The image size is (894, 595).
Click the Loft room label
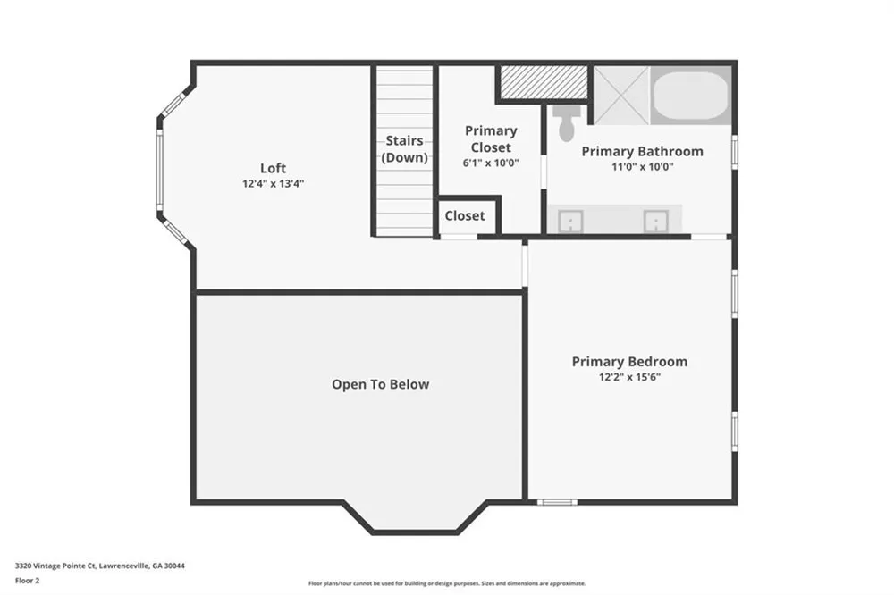tap(273, 168)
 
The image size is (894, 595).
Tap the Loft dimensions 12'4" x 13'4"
tap(273, 183)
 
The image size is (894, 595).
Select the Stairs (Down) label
tap(405, 148)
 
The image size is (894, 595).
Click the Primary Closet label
tap(491, 139)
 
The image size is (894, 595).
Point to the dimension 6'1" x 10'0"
tap(491, 163)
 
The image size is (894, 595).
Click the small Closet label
tap(465, 215)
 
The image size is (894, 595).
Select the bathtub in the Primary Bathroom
tap(690, 96)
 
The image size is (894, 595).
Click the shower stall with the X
tap(621, 96)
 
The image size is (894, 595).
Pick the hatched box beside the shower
tap(544, 82)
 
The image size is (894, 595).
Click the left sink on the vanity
tap(570, 222)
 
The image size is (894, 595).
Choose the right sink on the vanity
tap(655, 222)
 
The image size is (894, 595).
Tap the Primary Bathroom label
tap(643, 152)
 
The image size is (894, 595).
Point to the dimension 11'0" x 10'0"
tap(643, 167)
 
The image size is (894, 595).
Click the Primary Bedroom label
tap(629, 361)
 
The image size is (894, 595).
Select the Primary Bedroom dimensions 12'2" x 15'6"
tap(629, 377)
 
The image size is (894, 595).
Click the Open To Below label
tap(380, 385)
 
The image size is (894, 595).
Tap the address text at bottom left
tap(100, 566)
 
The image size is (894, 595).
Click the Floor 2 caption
tap(28, 581)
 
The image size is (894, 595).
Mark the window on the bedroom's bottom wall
tap(557, 502)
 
